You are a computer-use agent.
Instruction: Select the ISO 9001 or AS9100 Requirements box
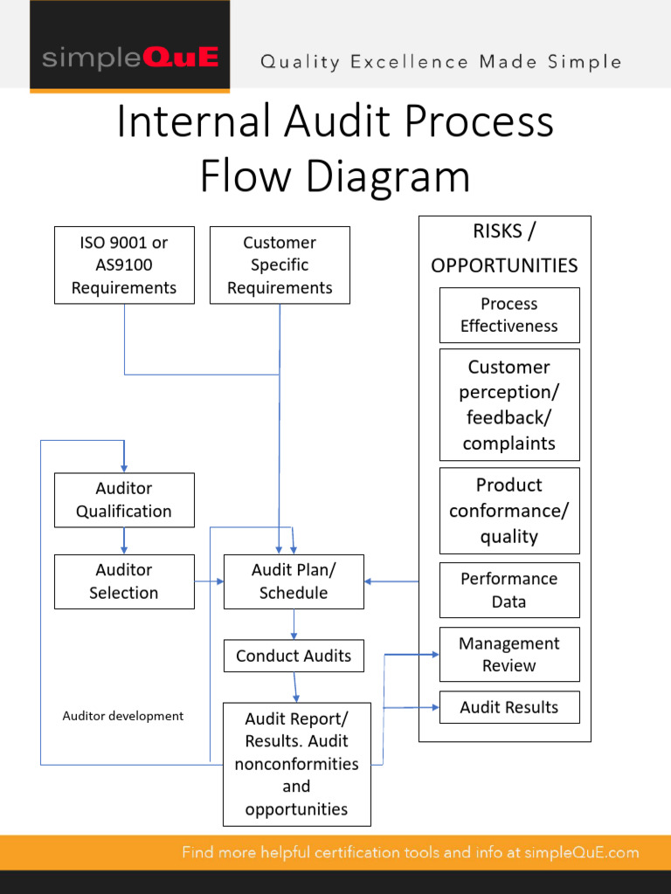coord(124,265)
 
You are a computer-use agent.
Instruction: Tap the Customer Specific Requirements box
coord(280,265)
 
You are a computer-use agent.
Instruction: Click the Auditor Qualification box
coord(124,500)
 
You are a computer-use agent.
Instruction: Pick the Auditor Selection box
coord(124,581)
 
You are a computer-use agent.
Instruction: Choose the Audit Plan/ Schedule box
coord(294,581)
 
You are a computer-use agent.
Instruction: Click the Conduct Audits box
coord(294,656)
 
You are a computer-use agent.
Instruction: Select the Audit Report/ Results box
coord(296,764)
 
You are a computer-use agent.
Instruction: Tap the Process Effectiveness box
coord(508,315)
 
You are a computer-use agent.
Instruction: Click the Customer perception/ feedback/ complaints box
coord(508,405)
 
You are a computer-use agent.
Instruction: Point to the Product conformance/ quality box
coord(508,511)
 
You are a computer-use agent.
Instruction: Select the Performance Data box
coord(508,590)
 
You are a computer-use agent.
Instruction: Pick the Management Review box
coord(508,654)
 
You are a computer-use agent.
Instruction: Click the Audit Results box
coord(508,707)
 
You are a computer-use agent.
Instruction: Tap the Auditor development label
coord(123,716)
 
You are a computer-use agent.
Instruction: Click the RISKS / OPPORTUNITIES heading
coord(504,249)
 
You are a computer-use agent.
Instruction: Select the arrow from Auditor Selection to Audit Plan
coord(209,581)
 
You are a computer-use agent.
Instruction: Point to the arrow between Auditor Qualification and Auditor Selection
coord(124,541)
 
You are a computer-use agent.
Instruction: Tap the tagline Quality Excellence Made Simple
coord(441,62)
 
